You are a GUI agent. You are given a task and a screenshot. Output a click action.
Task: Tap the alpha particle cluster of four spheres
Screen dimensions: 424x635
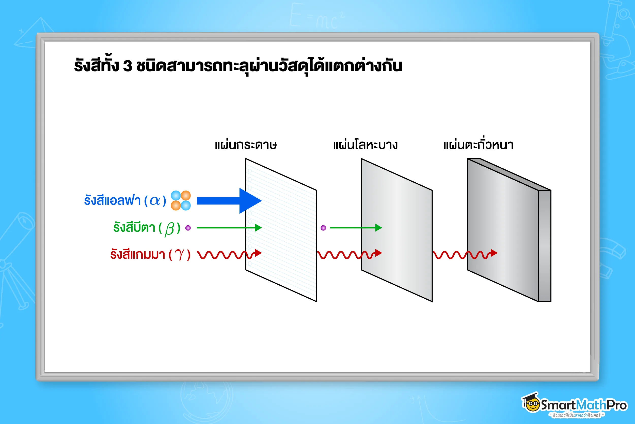tap(181, 200)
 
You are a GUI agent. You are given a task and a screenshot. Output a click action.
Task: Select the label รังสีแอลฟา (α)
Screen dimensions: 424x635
tap(125, 201)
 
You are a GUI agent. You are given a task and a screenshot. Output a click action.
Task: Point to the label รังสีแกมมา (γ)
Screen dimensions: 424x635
tap(150, 255)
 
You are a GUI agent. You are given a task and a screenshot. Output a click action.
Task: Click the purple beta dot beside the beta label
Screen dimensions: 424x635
tap(188, 228)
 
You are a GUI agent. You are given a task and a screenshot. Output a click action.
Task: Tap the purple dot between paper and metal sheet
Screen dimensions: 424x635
tap(323, 228)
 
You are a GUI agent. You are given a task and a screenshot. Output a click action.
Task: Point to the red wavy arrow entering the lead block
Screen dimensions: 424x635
tap(465, 254)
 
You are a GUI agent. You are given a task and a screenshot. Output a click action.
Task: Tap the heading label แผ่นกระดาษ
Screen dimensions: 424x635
tap(246, 145)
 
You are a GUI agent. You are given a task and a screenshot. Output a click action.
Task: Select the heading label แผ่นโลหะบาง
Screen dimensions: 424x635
tap(365, 145)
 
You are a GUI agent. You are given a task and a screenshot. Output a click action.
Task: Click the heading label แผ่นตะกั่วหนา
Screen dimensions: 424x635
tap(478, 144)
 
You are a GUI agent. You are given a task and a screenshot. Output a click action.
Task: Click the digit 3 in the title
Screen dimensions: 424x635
tap(128, 66)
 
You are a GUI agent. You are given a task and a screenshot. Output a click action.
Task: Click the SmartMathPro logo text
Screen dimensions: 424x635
tap(583, 405)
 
